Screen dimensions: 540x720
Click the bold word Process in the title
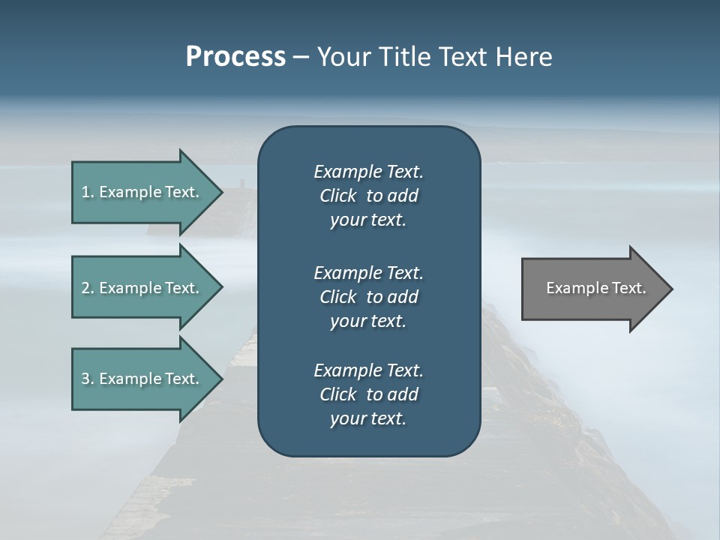pos(235,57)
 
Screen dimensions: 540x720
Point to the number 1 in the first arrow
pos(85,192)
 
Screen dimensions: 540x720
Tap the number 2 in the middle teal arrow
pos(85,288)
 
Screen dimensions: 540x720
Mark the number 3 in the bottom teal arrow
pos(85,379)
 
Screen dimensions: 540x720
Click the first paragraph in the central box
pos(368,196)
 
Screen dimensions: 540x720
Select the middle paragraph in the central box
pos(368,297)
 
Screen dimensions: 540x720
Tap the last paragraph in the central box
pos(368,394)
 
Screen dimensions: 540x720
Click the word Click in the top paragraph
pos(338,196)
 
